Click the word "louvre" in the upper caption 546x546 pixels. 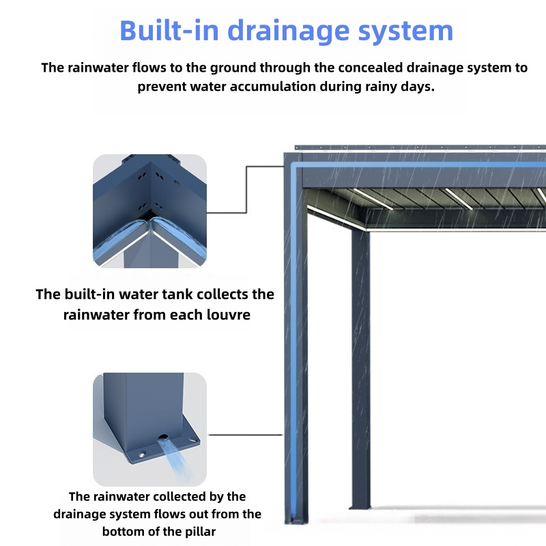229,315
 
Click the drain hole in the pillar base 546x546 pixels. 162,437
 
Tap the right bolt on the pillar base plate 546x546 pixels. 192,440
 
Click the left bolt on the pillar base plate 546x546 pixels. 143,455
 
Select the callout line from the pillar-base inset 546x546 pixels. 245,435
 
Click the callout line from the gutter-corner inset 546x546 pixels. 246,190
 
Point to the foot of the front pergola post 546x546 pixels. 296,520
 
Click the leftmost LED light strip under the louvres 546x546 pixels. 336,218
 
